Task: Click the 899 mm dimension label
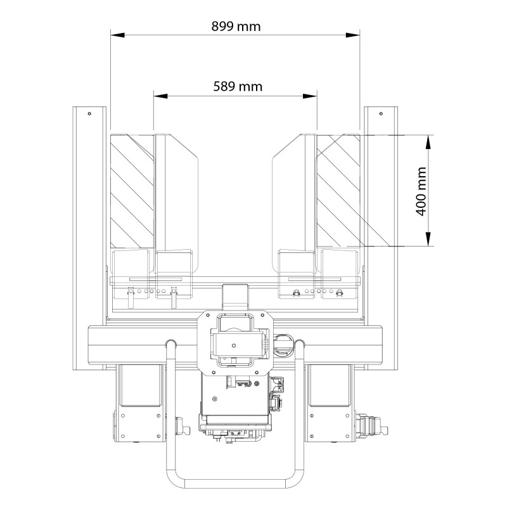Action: coord(235,26)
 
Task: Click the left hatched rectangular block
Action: coord(132,190)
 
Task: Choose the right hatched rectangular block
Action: coord(339,190)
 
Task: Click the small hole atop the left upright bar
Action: coord(89,113)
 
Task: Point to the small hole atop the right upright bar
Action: coord(380,113)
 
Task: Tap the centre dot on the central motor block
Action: coord(234,346)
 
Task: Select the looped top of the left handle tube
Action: coord(170,344)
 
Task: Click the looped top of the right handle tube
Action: coord(300,344)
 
